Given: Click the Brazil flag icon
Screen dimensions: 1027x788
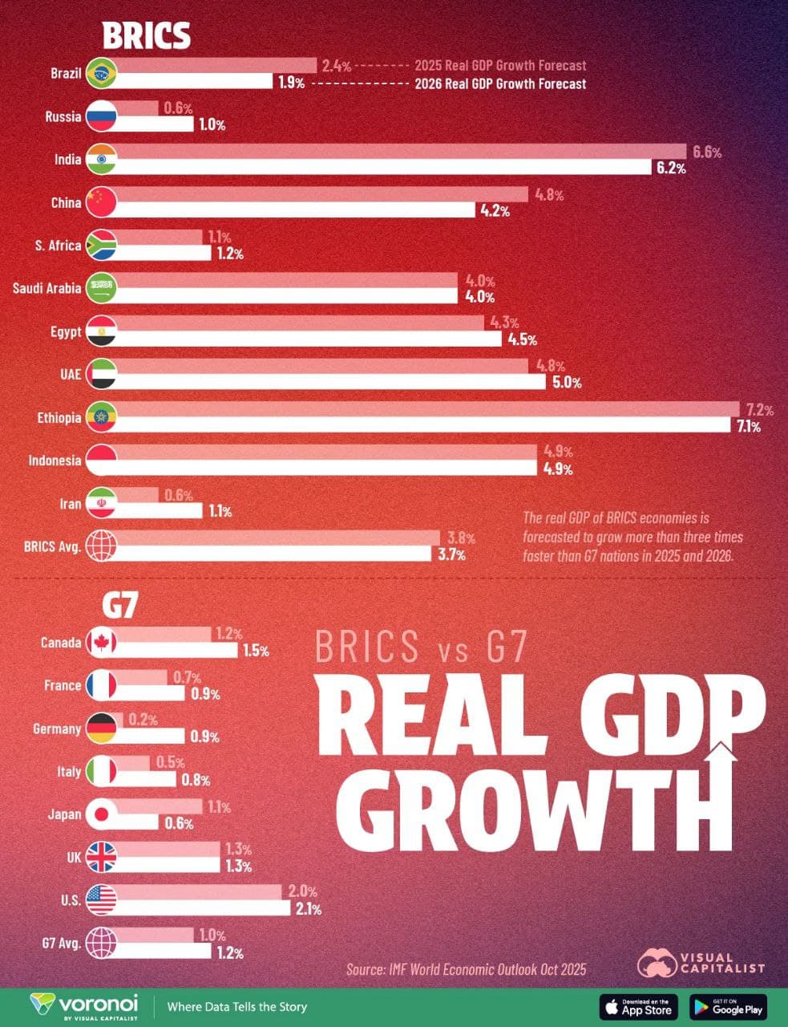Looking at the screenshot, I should tap(101, 73).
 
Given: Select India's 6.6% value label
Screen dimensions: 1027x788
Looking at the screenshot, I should tap(707, 152).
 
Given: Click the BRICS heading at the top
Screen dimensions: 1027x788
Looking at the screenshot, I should tap(146, 35).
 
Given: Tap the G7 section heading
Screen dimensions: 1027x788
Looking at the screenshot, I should tap(119, 607).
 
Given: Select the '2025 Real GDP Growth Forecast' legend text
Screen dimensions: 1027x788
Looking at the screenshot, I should tap(499, 66).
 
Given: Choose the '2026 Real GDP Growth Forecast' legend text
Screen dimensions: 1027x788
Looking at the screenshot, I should tap(499, 83).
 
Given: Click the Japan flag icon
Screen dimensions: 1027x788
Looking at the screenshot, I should tap(101, 814).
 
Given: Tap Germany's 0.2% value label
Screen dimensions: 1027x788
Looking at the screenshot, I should tap(143, 720).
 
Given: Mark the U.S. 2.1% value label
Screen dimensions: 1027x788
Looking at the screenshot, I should tap(307, 909).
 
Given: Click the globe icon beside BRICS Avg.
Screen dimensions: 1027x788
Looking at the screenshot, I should tap(101, 546).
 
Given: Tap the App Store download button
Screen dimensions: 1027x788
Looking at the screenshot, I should tap(639, 1006).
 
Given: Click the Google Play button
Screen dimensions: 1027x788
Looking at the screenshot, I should tap(728, 1006).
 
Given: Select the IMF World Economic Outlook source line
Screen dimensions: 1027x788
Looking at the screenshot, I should tap(466, 969).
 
